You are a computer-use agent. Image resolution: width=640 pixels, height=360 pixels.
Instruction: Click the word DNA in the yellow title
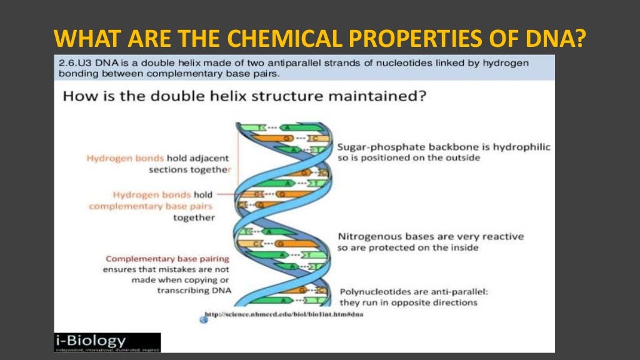pos(559,37)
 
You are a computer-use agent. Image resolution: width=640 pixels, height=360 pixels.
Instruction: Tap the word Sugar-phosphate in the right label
pos(375,147)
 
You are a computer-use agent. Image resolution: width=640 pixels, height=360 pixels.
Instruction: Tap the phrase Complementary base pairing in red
pos(167,259)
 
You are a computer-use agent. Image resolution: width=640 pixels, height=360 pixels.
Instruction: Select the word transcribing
pos(184,291)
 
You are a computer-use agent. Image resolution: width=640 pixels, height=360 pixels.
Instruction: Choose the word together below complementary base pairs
pos(194,217)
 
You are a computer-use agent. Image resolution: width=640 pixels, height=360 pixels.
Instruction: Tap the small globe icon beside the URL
pos(203,320)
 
